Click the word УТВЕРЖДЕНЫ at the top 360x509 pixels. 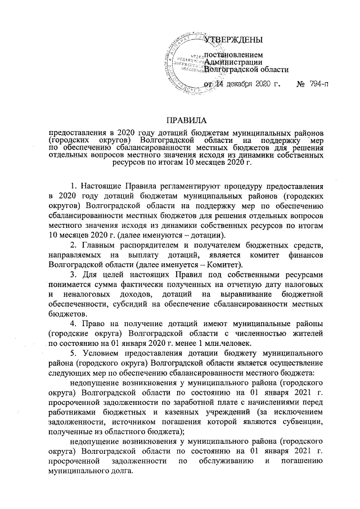(232, 40)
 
